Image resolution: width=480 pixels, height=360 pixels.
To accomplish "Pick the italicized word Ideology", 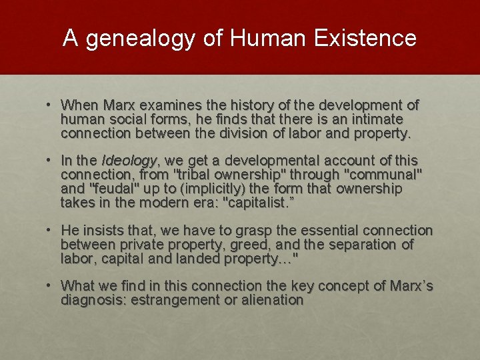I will click(129, 161).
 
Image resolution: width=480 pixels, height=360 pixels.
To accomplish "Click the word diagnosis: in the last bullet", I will click(93, 300).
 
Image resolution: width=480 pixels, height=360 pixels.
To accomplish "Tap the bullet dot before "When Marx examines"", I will click(50, 105).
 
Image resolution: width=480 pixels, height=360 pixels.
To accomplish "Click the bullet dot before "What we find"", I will click(50, 286).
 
